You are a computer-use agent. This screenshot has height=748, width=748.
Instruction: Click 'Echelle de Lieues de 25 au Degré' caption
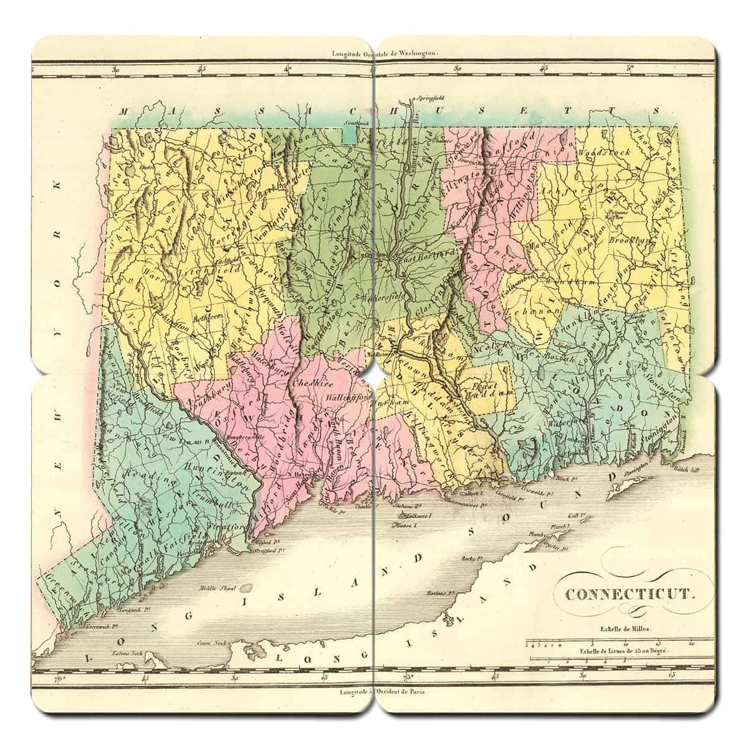[623, 652]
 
